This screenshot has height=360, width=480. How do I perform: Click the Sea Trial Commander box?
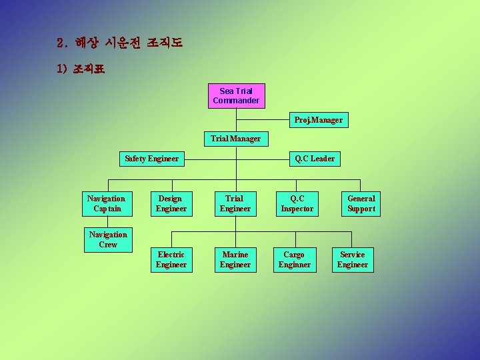click(x=236, y=95)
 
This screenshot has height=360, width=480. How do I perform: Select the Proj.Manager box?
click(x=319, y=120)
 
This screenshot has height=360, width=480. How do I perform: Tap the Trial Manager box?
click(x=236, y=139)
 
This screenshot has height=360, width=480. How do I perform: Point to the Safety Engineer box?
click(x=152, y=159)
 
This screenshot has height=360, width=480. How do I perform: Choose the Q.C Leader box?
click(x=315, y=159)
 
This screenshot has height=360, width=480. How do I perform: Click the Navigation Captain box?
click(x=106, y=203)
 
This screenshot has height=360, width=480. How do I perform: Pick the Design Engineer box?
click(x=171, y=203)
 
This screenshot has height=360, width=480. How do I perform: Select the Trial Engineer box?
click(x=235, y=203)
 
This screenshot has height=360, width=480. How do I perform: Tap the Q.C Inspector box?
click(x=297, y=203)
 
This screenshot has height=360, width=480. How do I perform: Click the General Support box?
click(x=361, y=203)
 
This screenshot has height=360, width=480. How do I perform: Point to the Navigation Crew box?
click(x=108, y=239)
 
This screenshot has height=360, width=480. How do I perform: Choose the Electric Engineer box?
click(x=171, y=259)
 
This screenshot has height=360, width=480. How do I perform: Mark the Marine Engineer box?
click(x=235, y=259)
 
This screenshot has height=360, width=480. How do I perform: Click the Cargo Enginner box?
click(x=294, y=259)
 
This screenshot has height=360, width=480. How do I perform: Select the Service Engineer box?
click(x=353, y=259)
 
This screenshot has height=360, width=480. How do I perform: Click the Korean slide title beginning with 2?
click(x=120, y=43)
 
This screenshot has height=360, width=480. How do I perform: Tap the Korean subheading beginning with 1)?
click(x=81, y=69)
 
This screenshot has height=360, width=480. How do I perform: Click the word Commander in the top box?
click(x=236, y=101)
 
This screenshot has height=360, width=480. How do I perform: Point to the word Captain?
click(x=106, y=209)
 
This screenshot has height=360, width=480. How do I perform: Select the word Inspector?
click(x=297, y=209)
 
